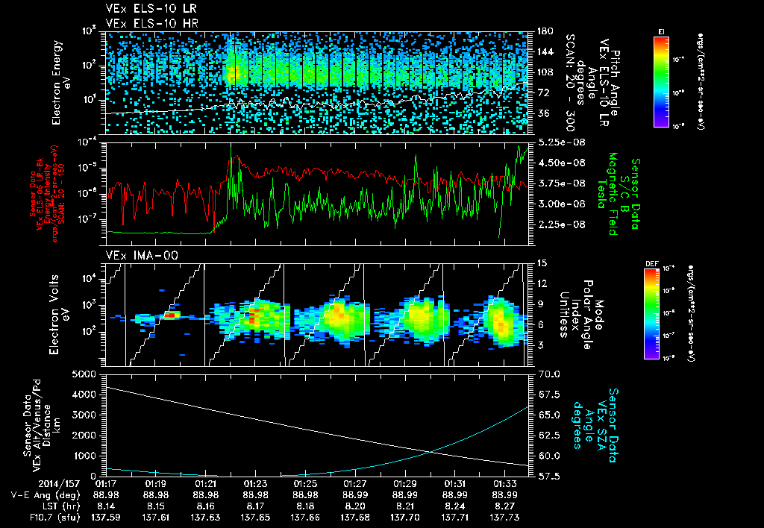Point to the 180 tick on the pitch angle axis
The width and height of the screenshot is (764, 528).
[544, 31]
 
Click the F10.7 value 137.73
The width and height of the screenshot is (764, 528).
[502, 516]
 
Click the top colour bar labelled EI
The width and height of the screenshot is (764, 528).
[661, 81]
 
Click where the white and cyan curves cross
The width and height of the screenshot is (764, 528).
[431, 450]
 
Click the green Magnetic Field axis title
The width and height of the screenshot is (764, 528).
[613, 194]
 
